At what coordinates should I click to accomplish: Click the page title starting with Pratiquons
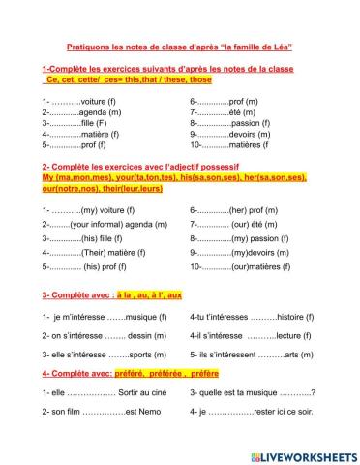(x=179, y=46)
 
